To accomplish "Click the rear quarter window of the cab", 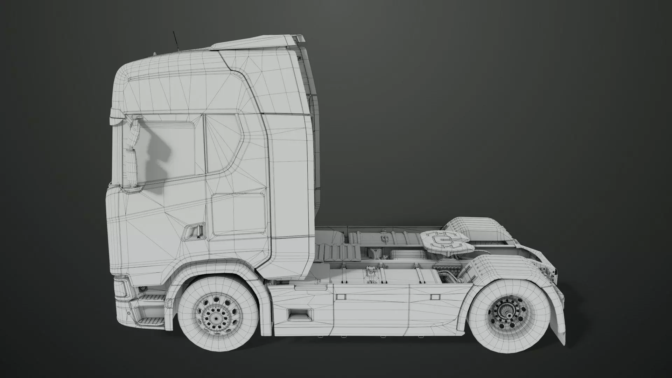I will tap(222, 143).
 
